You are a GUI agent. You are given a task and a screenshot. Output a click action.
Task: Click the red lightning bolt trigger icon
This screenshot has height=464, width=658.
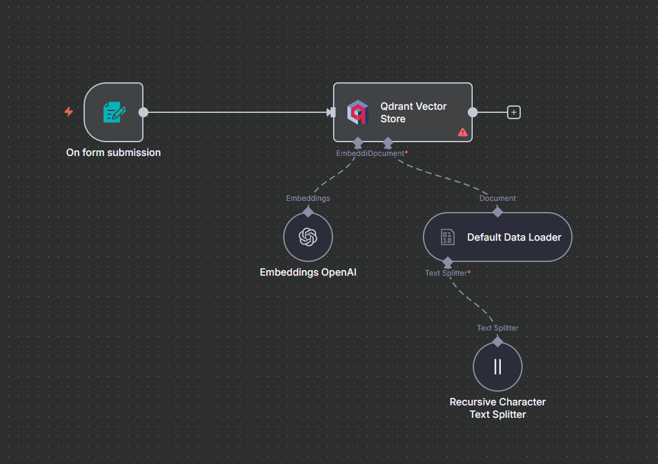[69, 112]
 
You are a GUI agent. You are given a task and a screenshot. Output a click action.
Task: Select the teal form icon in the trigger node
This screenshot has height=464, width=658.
[114, 112]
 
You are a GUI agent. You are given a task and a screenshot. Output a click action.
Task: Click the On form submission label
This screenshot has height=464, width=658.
[114, 152]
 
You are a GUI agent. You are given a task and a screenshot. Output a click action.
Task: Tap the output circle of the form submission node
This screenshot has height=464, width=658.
[143, 112]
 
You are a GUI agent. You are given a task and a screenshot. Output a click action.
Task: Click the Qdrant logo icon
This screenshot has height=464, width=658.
[358, 112]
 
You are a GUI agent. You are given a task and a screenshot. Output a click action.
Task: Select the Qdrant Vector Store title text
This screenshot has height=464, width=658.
[414, 112]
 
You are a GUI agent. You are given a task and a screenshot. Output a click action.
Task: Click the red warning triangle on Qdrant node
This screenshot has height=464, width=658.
[462, 133]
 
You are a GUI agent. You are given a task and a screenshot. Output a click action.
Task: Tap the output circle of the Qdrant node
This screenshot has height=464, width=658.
[473, 112]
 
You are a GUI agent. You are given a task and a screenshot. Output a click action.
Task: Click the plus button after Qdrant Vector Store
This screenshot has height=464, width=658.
[514, 112]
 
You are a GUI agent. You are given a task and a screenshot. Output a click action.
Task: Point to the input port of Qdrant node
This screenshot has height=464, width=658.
[332, 112]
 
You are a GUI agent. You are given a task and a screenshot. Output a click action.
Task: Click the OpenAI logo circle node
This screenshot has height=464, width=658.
[308, 237]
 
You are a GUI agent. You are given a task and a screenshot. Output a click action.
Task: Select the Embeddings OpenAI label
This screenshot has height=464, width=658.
[308, 273]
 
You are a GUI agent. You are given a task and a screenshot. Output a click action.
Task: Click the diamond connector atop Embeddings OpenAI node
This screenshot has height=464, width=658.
[308, 212]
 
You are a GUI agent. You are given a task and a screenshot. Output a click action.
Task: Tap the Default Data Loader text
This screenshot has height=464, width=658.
[514, 237]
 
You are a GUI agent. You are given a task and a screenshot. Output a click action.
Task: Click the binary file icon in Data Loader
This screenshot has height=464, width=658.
[447, 237]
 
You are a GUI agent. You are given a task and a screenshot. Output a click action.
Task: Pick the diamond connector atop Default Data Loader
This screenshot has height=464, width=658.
[498, 212]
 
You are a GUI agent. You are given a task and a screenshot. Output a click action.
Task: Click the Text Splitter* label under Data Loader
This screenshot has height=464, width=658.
[448, 273]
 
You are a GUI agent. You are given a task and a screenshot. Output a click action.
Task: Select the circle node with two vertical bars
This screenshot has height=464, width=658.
[498, 367]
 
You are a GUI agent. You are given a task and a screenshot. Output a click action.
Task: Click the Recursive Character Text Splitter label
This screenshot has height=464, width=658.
[498, 408]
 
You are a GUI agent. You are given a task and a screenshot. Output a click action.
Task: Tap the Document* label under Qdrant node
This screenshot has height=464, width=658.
[388, 153]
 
